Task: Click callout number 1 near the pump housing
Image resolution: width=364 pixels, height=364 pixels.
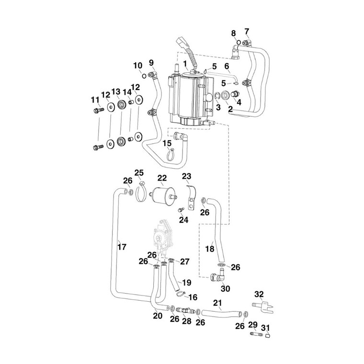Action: tap(184, 64)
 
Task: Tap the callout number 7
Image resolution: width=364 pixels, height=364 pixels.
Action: tap(247, 32)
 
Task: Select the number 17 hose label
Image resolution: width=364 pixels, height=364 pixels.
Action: tap(122, 247)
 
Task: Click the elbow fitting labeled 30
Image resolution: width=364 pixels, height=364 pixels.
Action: tap(218, 277)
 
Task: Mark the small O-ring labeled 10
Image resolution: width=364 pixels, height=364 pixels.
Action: tap(143, 75)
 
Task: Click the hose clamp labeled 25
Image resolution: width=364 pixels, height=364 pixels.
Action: tap(141, 193)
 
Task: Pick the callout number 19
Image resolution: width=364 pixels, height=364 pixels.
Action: tap(186, 283)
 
